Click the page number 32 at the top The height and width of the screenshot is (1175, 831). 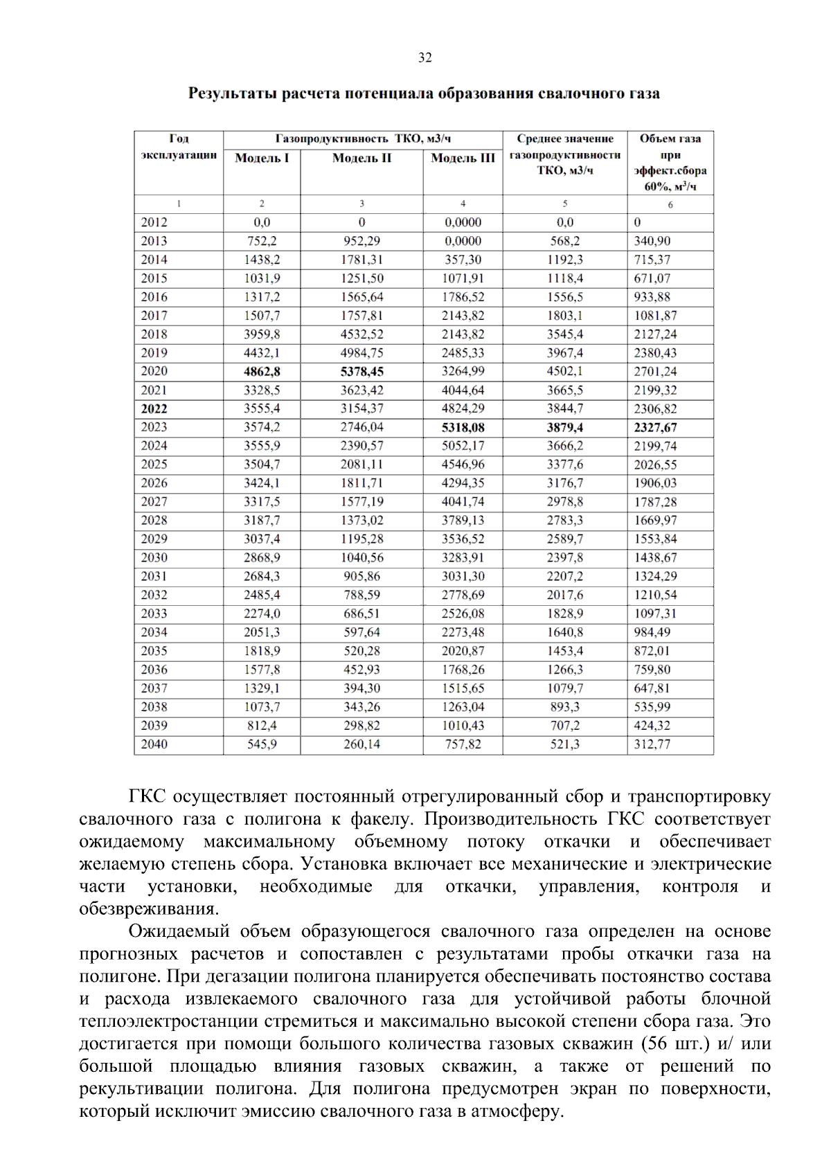click(x=425, y=57)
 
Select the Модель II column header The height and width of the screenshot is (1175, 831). click(x=361, y=158)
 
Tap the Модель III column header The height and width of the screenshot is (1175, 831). click(x=463, y=158)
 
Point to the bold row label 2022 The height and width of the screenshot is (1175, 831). click(x=154, y=409)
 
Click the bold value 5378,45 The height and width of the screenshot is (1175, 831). click(x=361, y=371)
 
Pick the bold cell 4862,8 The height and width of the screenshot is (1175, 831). click(x=262, y=371)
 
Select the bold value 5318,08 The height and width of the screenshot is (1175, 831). click(x=463, y=427)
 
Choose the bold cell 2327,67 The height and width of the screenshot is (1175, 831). click(x=655, y=427)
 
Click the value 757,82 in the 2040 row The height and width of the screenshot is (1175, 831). click(x=463, y=744)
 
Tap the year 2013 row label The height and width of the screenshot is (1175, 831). click(x=154, y=241)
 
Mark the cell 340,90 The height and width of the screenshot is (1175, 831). click(x=652, y=241)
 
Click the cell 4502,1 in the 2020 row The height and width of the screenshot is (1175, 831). click(x=564, y=371)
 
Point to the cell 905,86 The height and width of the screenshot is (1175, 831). click(x=361, y=576)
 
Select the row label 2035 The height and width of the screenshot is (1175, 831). click(x=154, y=651)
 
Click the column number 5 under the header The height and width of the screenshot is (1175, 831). click(x=564, y=204)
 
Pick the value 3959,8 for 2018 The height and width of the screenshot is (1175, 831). click(x=262, y=334)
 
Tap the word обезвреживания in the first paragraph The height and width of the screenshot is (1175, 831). click(x=148, y=908)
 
